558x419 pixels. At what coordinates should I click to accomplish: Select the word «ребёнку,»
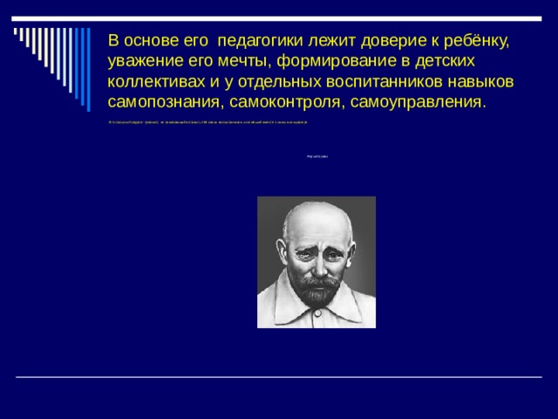click(473, 42)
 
